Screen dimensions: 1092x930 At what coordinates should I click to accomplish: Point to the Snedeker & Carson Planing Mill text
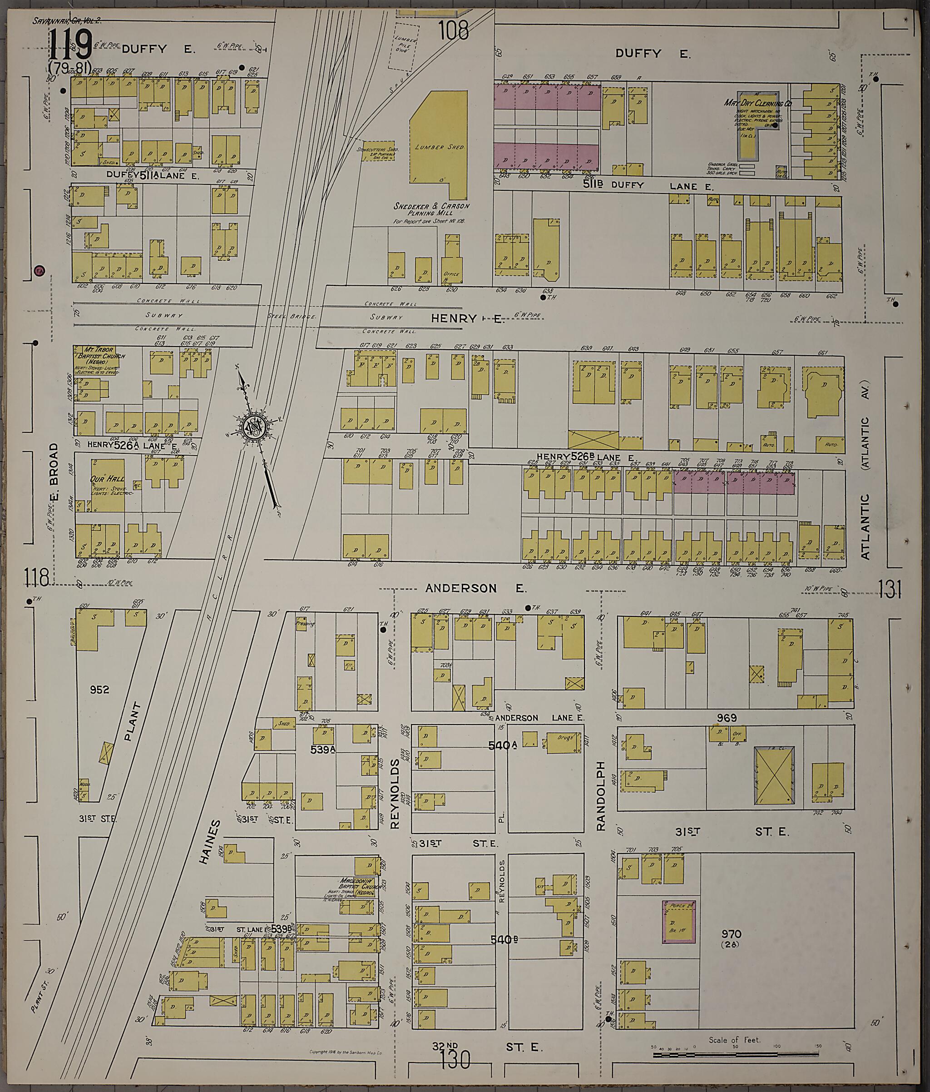(431, 210)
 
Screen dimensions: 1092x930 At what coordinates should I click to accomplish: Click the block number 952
(99, 690)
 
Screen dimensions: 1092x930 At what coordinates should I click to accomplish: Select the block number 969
(726, 718)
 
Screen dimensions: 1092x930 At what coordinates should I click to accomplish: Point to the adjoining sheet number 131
(890, 590)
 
